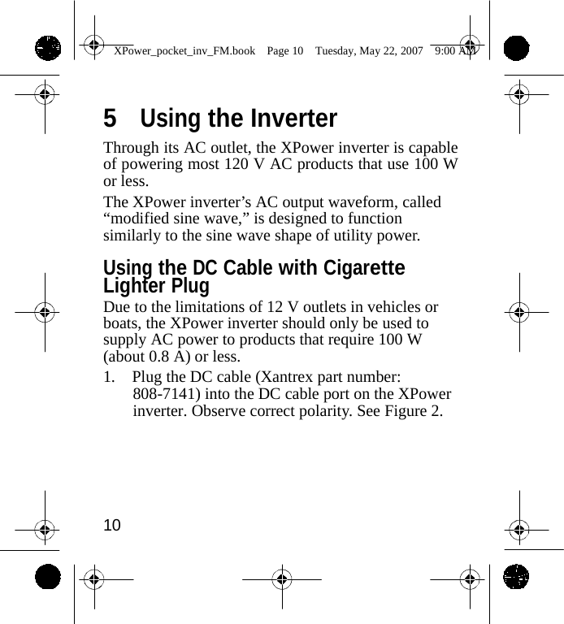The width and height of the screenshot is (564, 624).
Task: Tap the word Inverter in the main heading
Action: [x=293, y=119]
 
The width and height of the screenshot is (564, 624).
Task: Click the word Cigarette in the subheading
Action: [x=364, y=269]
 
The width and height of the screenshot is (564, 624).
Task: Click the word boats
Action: [x=122, y=323]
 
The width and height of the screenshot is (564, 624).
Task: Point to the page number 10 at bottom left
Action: [x=112, y=525]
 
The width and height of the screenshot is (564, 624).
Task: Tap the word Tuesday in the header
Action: [x=336, y=51]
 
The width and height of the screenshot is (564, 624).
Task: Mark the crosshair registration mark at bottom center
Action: [x=282, y=579]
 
